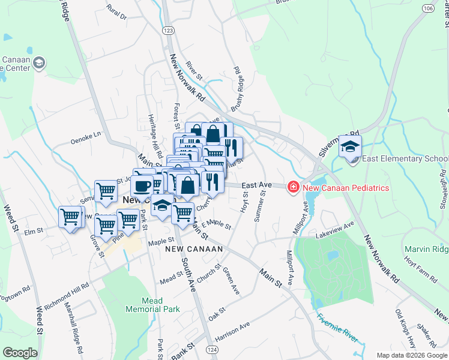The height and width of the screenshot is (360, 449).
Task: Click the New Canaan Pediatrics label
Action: [346, 188]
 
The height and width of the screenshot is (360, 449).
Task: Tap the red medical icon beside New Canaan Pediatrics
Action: [294, 188]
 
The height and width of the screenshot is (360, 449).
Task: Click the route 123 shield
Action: [168, 29]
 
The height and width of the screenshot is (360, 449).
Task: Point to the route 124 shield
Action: [211, 349]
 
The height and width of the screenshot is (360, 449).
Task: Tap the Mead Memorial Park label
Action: [152, 305]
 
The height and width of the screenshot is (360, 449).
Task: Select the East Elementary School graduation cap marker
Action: [350, 146]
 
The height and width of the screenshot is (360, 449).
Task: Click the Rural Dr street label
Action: [116, 11]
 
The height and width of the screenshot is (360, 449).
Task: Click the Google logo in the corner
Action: [20, 353]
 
